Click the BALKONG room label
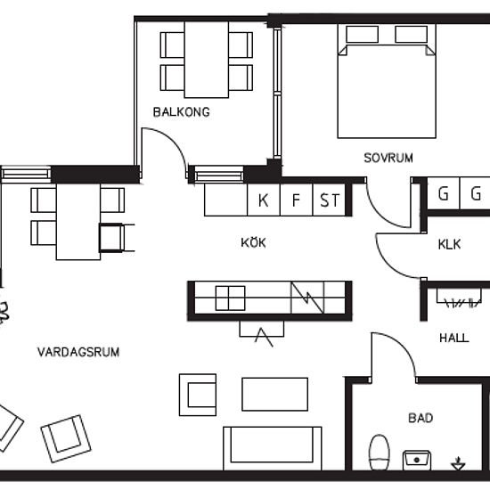[181, 112]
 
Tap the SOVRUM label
[388, 158]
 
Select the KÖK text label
[253, 242]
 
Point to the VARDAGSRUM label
[78, 352]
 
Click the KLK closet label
[449, 244]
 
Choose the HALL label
[454, 338]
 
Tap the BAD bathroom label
[421, 418]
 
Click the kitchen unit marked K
[264, 200]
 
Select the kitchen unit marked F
[297, 200]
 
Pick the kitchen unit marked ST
[329, 200]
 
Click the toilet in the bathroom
[380, 453]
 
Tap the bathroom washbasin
[417, 460]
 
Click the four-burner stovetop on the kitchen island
[231, 298]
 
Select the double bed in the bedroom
[387, 81]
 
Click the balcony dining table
[207, 60]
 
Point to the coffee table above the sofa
[274, 394]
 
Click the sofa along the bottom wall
[273, 448]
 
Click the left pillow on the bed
[362, 34]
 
